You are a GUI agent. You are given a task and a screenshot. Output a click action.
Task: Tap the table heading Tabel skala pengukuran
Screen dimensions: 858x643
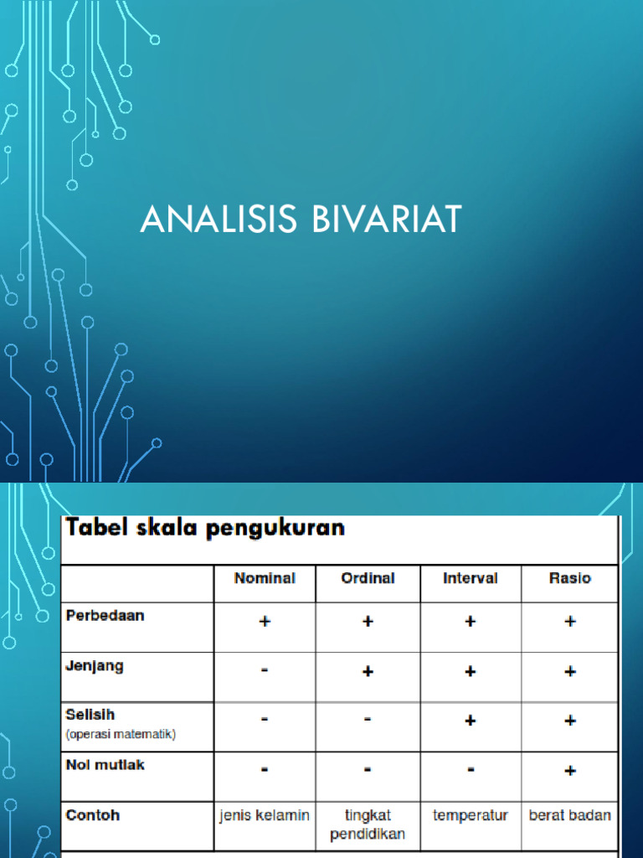206,529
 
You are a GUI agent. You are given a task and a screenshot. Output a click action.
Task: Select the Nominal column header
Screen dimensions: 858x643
265,578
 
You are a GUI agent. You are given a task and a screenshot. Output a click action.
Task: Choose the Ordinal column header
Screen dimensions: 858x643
368,578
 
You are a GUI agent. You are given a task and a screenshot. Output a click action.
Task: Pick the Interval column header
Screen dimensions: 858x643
471,578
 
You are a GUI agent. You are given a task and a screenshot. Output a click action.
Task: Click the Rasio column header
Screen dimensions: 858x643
569,578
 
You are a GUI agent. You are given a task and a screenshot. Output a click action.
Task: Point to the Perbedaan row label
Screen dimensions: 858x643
105,615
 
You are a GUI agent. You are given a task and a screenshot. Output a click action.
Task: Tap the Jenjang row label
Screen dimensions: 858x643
95,665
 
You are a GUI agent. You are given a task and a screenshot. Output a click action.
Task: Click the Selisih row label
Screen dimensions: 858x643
90,715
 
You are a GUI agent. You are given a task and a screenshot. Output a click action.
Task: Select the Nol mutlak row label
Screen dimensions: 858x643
105,764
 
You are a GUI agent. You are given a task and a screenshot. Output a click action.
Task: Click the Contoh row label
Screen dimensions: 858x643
91,814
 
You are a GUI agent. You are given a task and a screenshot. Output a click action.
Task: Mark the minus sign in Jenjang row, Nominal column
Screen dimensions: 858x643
265,671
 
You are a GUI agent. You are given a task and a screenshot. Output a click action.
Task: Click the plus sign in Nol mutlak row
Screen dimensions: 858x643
570,770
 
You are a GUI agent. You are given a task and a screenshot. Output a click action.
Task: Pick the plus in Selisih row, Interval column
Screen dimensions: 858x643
471,721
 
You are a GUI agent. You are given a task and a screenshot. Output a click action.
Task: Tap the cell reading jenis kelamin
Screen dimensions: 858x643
265,815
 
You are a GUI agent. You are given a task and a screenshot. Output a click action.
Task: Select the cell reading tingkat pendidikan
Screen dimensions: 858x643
368,824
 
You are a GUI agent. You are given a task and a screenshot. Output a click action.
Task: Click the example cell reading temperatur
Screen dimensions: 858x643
471,815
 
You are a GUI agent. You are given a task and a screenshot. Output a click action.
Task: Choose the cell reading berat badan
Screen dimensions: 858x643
570,815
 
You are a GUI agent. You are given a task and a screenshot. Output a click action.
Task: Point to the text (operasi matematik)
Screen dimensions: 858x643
121,734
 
